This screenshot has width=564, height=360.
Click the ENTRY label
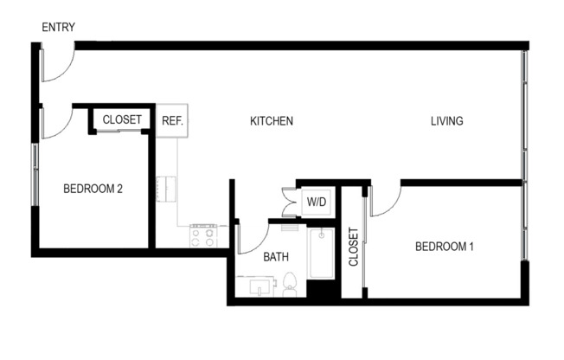pyautogui.click(x=58, y=27)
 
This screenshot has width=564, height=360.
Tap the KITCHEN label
pyautogui.click(x=272, y=121)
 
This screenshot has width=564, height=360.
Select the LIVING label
pyautogui.click(x=447, y=121)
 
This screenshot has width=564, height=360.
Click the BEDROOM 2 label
pyautogui.click(x=93, y=189)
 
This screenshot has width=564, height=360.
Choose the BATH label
pyautogui.click(x=276, y=257)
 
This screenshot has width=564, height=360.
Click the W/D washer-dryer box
pyautogui.click(x=317, y=202)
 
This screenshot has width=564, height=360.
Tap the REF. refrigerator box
pyautogui.click(x=172, y=120)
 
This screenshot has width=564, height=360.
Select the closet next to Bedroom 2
pyautogui.click(x=122, y=119)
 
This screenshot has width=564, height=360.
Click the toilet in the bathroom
pyautogui.click(x=290, y=284)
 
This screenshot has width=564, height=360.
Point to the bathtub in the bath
pyautogui.click(x=321, y=254)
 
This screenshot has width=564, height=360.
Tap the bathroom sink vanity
pyautogui.click(x=255, y=286)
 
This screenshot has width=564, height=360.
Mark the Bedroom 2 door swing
pyautogui.click(x=55, y=123)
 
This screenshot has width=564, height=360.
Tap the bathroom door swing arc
pyautogui.click(x=251, y=238)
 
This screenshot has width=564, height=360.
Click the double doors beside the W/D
pyautogui.click(x=289, y=202)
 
